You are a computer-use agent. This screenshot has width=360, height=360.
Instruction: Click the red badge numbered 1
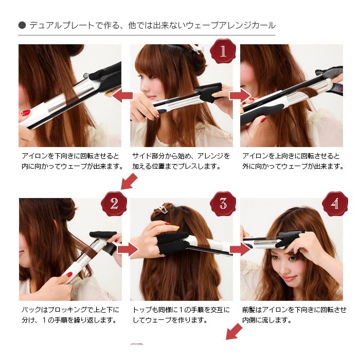pos(223,51)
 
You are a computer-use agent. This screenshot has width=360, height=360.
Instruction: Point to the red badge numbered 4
pos(335,203)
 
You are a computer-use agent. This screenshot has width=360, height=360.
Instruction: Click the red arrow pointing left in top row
pos(122,95)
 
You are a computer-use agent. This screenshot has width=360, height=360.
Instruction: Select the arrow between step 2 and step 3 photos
pos(127,249)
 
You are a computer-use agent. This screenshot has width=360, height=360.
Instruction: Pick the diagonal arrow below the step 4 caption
pos(234,332)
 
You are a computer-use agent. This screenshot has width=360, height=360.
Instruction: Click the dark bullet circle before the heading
pos(22,25)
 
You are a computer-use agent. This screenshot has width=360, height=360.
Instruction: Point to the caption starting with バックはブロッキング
pos(70,314)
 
